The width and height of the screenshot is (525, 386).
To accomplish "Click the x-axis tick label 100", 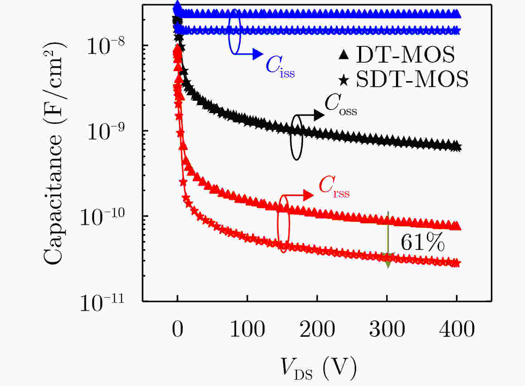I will pos(247,329).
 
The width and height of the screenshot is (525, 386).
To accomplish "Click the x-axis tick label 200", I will pos(317,329).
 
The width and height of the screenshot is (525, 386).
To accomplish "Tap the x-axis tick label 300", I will pos(387,329).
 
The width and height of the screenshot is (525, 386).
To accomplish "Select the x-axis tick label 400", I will pos(457,329).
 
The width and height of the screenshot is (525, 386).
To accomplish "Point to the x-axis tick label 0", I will pos(177,329).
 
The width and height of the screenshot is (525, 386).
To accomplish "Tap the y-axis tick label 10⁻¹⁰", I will pos(102,217).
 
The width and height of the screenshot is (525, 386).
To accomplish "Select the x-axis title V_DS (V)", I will pos(318,368).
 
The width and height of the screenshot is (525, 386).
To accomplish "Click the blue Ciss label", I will pos(280,67).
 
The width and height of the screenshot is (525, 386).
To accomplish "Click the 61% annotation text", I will pos(422,243).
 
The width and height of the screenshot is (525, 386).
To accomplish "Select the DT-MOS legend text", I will pos(405,55).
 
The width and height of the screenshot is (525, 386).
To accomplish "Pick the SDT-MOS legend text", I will pos(412,79).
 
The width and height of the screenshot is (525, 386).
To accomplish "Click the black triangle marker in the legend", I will pos(344,55).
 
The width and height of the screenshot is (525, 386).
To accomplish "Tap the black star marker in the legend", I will pos(344,80).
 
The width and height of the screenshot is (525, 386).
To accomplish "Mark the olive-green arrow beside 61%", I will pos(388,239).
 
